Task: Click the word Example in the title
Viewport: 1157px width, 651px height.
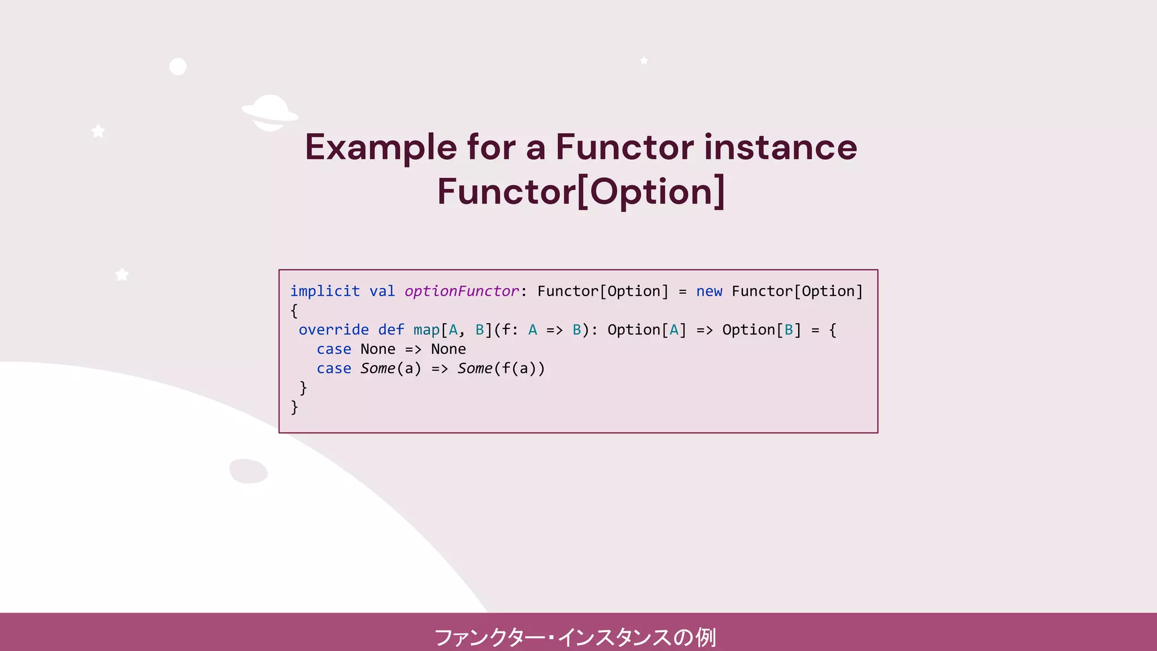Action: (381, 147)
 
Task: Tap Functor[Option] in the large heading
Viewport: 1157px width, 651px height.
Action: (581, 192)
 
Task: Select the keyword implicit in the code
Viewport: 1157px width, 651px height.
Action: (325, 291)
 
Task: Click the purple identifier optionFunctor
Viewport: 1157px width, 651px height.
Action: (462, 291)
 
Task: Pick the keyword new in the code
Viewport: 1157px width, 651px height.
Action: (709, 291)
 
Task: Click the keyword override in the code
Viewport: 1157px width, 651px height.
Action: (333, 329)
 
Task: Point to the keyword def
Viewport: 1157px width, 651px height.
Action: (391, 329)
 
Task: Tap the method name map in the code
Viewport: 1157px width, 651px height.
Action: (427, 329)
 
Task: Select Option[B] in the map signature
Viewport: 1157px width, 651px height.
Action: (762, 329)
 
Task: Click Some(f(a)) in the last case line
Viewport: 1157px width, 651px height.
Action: (501, 368)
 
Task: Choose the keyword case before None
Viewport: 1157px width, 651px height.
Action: (333, 349)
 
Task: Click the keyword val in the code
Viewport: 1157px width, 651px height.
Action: (382, 291)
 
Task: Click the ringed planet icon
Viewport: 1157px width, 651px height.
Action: (270, 112)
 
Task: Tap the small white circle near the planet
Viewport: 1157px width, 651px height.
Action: (178, 67)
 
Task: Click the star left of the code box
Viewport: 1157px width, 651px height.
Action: (122, 275)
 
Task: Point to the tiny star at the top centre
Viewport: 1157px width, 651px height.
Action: (644, 60)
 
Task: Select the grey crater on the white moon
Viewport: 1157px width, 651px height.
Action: (249, 471)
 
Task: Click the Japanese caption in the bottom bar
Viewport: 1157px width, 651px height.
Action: (575, 637)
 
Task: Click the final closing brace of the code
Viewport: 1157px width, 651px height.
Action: (294, 407)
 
